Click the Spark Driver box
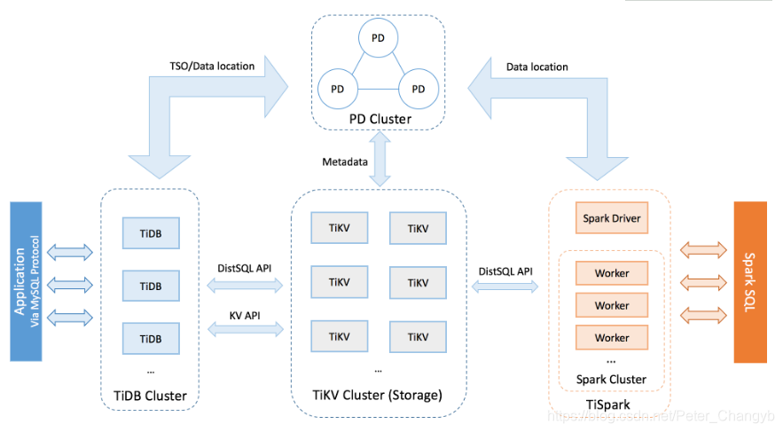click(x=612, y=217)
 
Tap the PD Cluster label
click(x=380, y=119)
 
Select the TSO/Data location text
click(x=212, y=66)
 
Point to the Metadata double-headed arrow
click(x=380, y=159)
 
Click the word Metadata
click(x=345, y=161)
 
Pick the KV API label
click(x=245, y=316)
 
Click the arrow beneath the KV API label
click(x=246, y=329)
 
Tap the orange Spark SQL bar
click(x=750, y=282)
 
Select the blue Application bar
click(x=26, y=282)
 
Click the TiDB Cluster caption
click(x=150, y=396)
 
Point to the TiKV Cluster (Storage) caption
click(x=377, y=395)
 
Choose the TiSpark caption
click(x=607, y=405)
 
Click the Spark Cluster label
click(x=611, y=380)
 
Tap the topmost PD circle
click(x=378, y=38)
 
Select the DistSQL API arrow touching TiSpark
click(x=505, y=287)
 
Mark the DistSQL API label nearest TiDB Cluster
click(x=244, y=268)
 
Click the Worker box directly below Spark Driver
click(x=612, y=273)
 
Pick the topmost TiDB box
click(x=151, y=233)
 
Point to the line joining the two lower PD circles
click(x=378, y=89)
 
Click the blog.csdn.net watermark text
click(x=661, y=416)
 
